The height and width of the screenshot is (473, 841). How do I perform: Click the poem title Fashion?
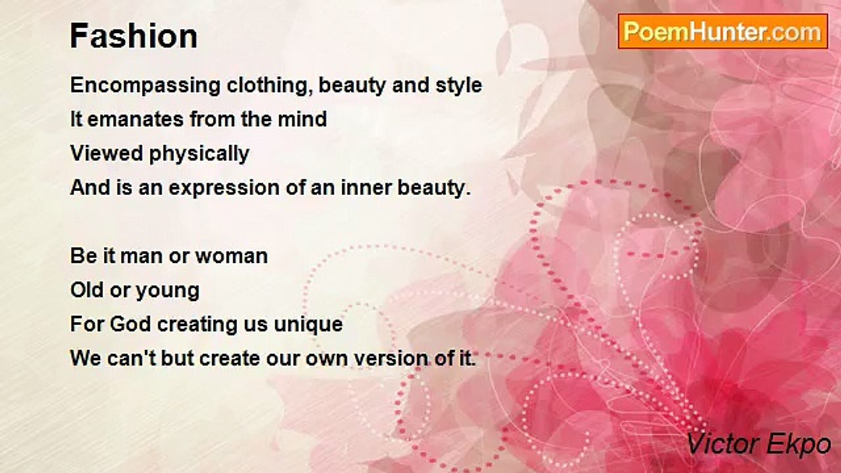point(133,36)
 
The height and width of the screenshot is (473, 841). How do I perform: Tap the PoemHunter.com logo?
point(723,32)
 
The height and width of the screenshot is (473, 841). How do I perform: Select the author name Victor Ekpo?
point(758,444)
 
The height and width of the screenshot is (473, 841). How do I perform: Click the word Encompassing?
point(145,86)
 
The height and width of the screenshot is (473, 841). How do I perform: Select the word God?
point(130,324)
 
